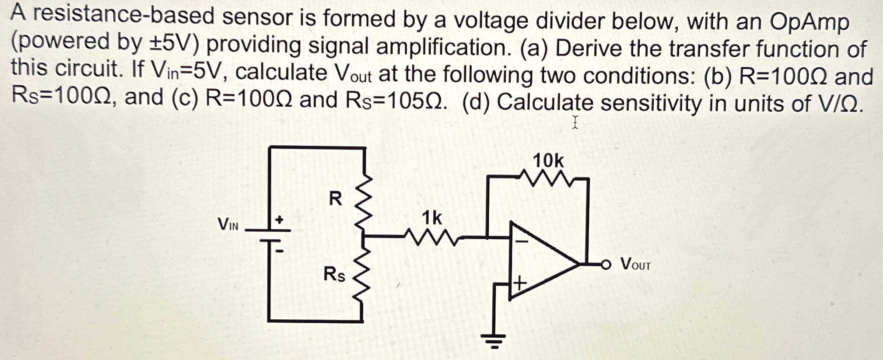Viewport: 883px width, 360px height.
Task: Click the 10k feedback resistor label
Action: tap(548, 161)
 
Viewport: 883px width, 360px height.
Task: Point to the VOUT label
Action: tap(635, 264)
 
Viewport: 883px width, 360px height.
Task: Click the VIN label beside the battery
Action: tap(228, 225)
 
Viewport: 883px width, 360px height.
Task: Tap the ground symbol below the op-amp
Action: tap(494, 340)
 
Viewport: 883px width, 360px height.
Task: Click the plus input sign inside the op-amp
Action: tap(520, 283)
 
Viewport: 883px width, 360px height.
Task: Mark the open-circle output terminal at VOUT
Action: tap(606, 264)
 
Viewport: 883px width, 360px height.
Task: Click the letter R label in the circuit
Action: tap(335, 199)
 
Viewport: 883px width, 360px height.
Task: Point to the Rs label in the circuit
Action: tap(334, 274)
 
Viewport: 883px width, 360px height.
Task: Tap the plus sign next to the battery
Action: tap(279, 219)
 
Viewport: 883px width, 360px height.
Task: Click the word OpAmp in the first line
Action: tap(809, 22)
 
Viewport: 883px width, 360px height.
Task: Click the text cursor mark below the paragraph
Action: tap(575, 122)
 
